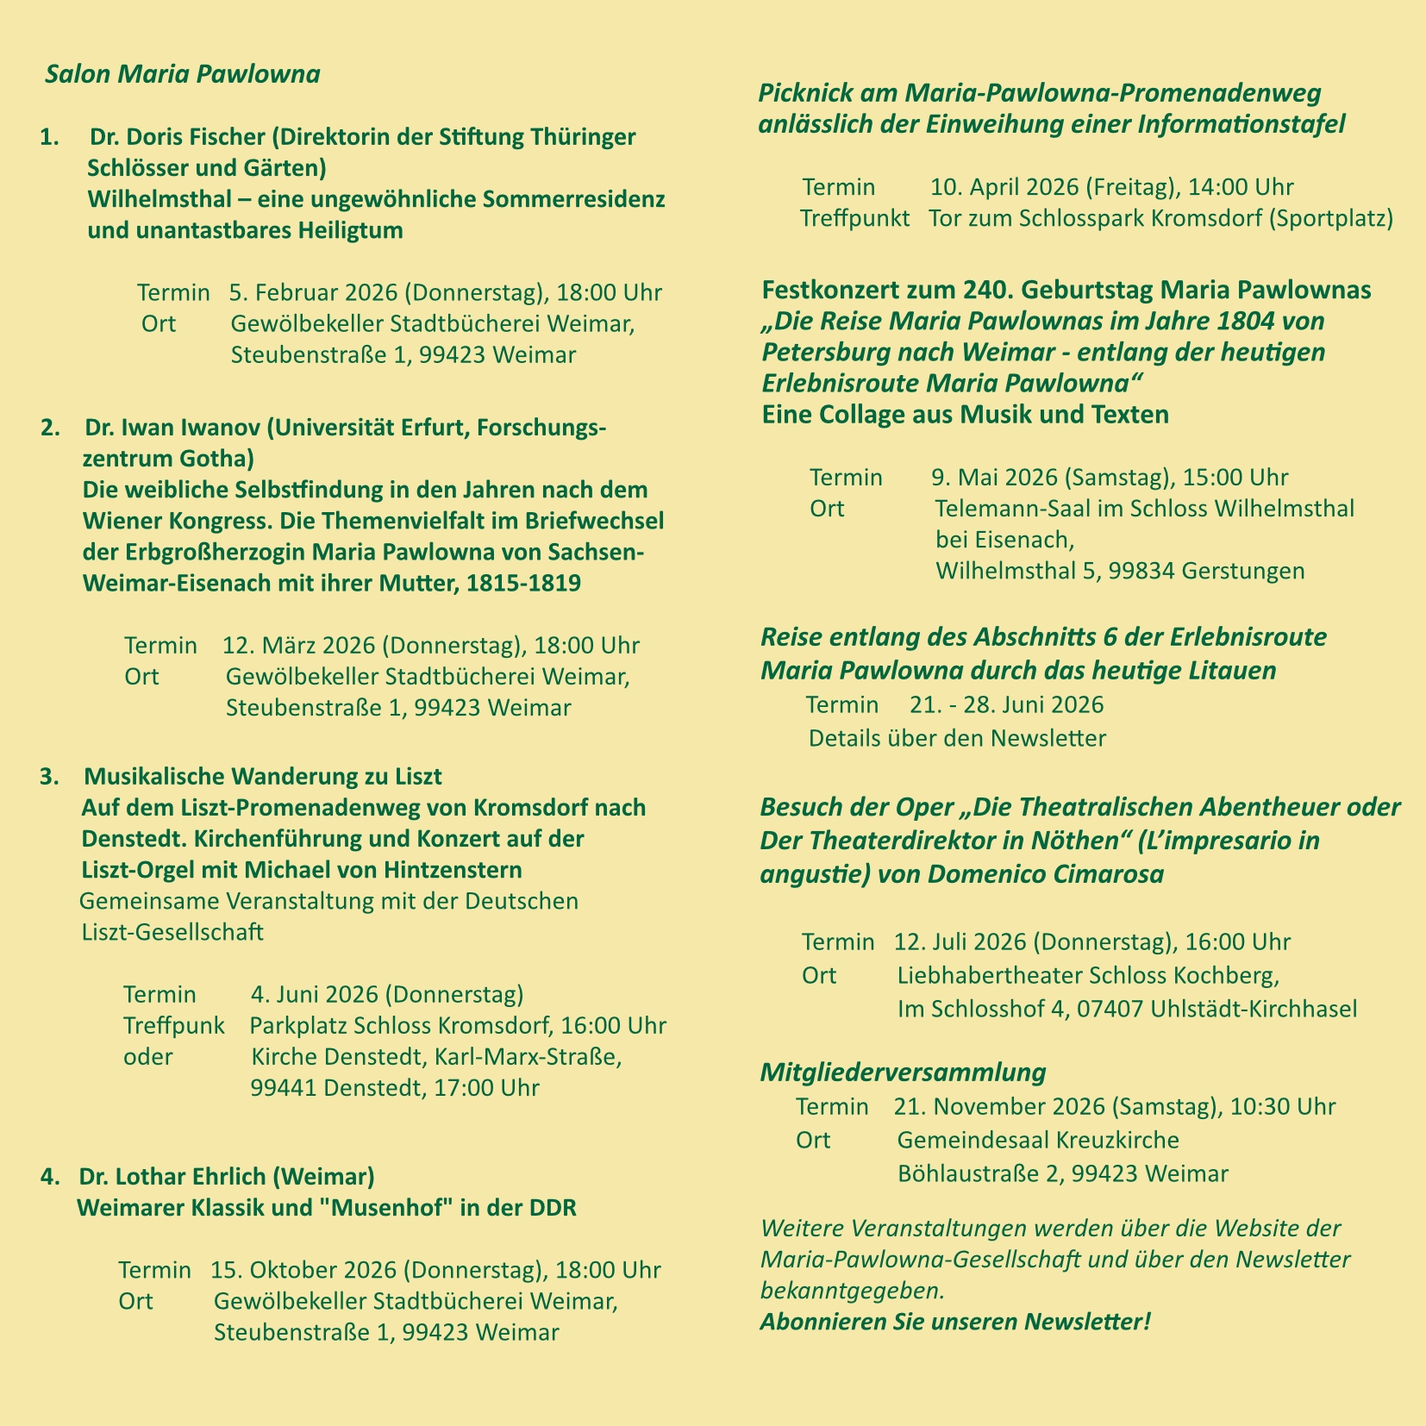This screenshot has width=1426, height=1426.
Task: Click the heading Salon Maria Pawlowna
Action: [x=183, y=74]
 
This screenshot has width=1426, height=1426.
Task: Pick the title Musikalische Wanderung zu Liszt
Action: [x=263, y=776]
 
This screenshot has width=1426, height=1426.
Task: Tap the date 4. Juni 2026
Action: [x=315, y=994]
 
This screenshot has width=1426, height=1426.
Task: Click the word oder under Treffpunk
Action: [x=148, y=1056]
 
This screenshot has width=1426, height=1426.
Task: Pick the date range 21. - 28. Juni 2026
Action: [x=1006, y=704]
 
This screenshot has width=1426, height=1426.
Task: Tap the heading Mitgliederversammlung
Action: [x=903, y=1073]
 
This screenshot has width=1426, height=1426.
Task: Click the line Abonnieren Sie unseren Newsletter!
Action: [x=955, y=1321]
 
